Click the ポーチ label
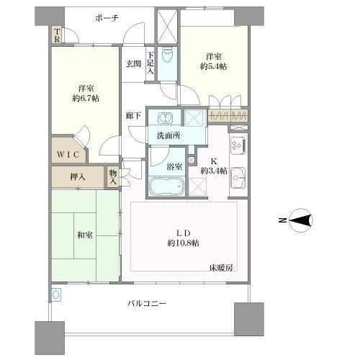(107, 18)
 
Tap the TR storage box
(57, 35)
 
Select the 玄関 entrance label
(134, 64)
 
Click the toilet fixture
(167, 55)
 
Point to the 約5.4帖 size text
(213, 66)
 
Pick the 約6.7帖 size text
(86, 99)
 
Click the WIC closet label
(68, 154)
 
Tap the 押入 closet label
(78, 177)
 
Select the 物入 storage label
(113, 177)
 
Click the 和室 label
(85, 235)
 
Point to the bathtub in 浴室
(166, 186)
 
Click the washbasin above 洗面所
(165, 118)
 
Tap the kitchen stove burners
(238, 145)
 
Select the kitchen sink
(238, 178)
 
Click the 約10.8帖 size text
(183, 243)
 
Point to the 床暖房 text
(221, 268)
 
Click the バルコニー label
(147, 304)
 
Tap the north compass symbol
(300, 220)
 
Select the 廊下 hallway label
(133, 116)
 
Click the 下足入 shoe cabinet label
(150, 63)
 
